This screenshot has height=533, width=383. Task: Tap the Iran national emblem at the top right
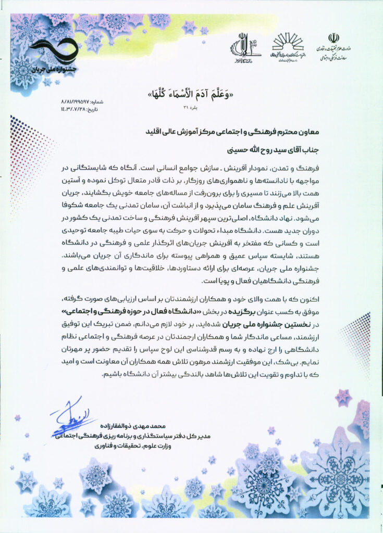333,38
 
